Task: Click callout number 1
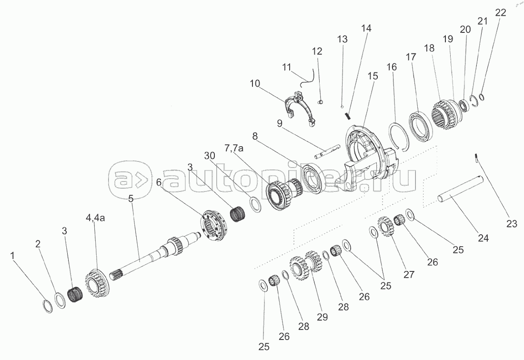pyautogui.click(x=12, y=256)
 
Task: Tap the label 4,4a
pyautogui.click(x=95, y=218)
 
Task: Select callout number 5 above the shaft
pyautogui.click(x=131, y=199)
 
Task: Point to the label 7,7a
pyautogui.click(x=234, y=148)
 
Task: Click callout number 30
pyautogui.click(x=210, y=156)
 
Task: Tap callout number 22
pyautogui.click(x=500, y=12)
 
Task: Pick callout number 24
pyautogui.click(x=483, y=238)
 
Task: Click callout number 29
pyautogui.click(x=322, y=317)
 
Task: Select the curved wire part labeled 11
pyautogui.click(x=307, y=79)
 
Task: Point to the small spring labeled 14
pyautogui.click(x=348, y=116)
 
